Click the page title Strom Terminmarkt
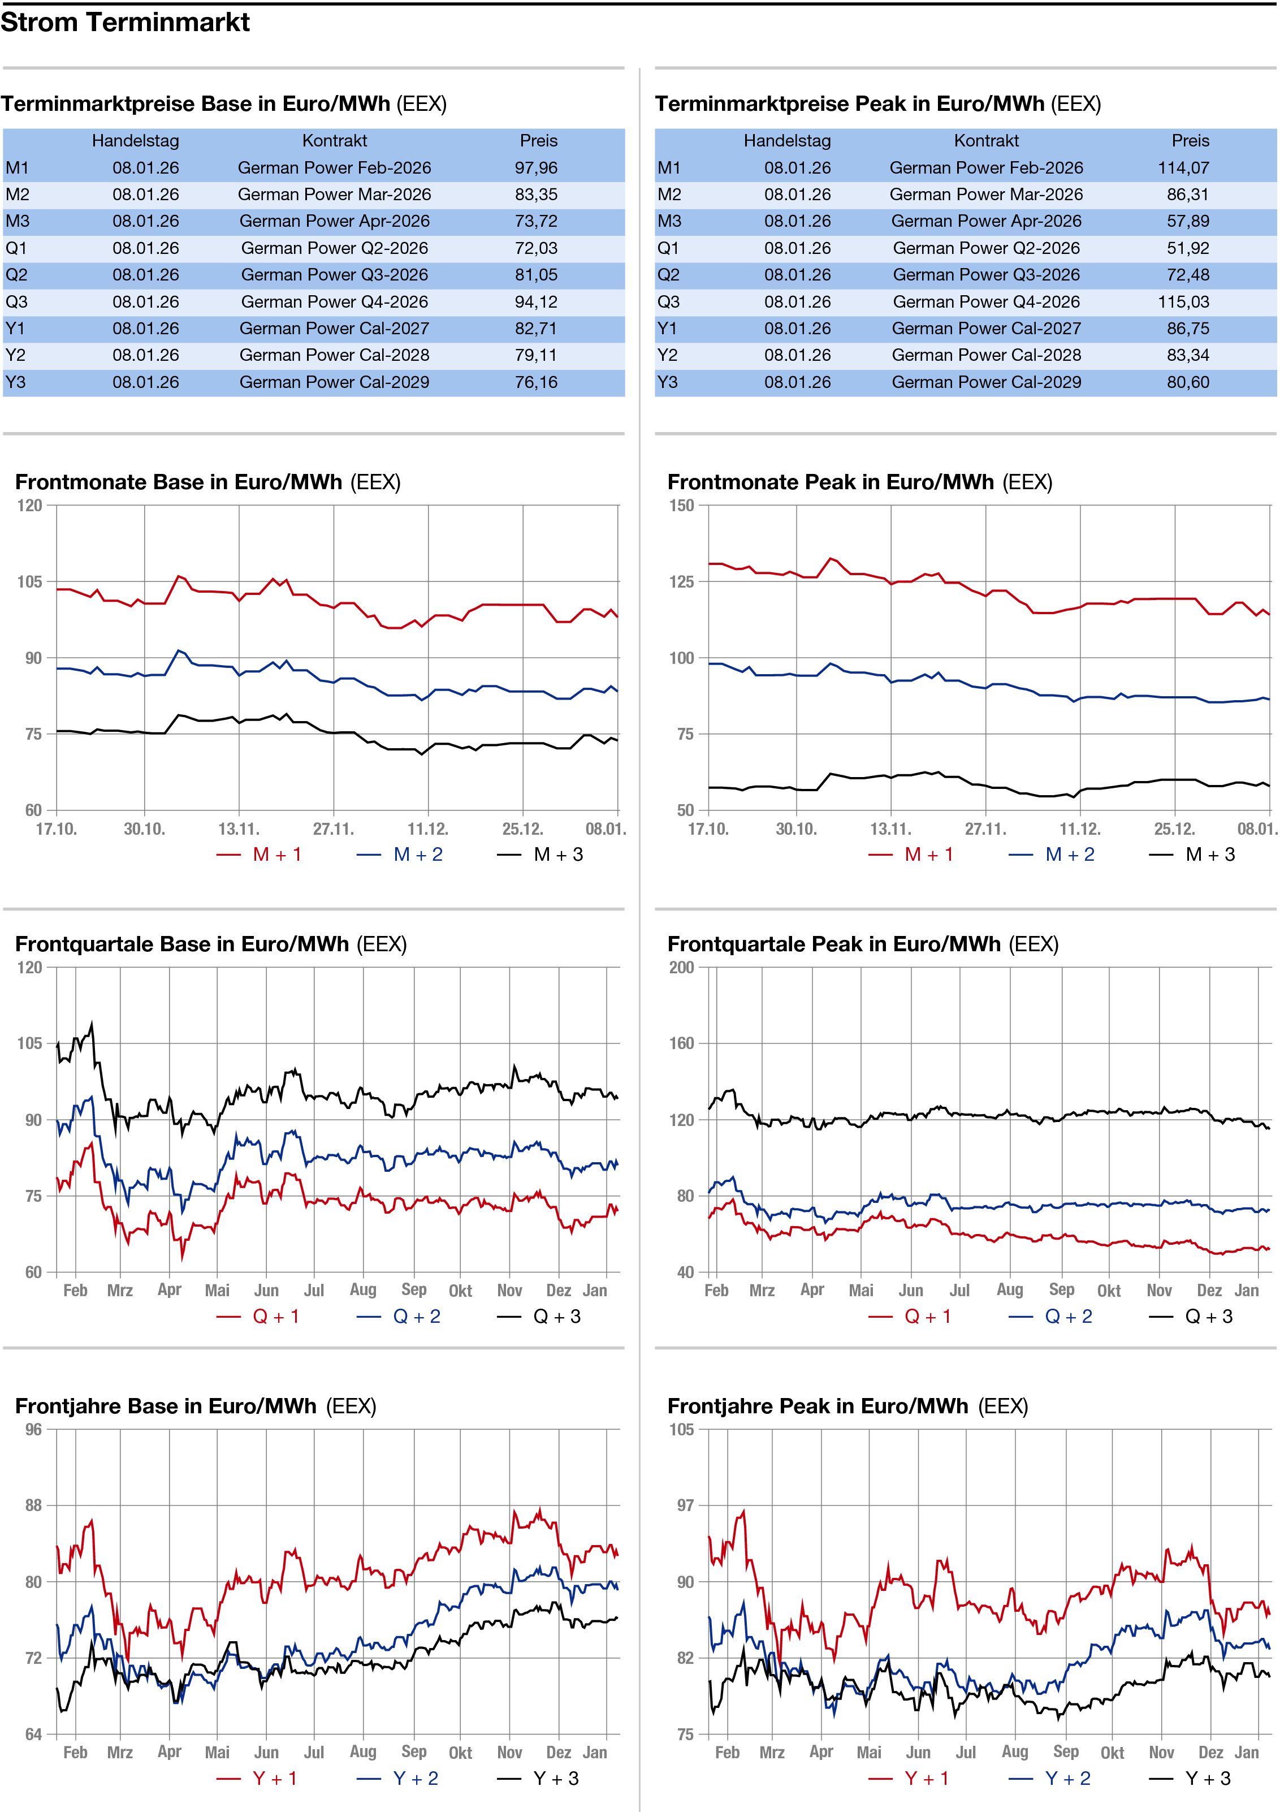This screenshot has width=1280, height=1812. click(x=125, y=22)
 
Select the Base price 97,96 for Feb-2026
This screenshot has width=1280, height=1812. click(x=536, y=168)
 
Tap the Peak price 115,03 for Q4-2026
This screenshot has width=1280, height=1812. click(x=1188, y=302)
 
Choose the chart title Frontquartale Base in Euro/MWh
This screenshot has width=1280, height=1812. click(x=181, y=944)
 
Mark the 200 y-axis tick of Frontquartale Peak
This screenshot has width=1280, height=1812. click(x=682, y=968)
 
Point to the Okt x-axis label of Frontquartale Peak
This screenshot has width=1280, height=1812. click(x=1109, y=1291)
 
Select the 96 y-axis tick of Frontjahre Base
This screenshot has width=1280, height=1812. click(x=33, y=1429)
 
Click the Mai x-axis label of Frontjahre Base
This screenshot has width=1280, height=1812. click(x=217, y=1753)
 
